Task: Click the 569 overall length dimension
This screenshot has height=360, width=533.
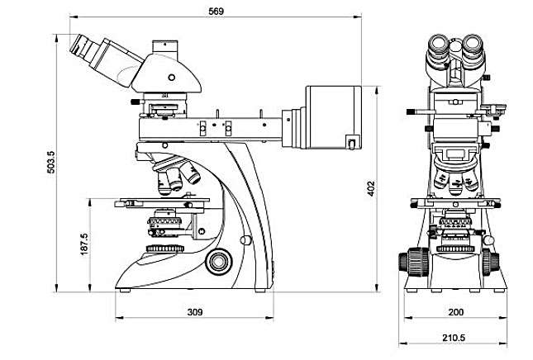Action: [x=217, y=12]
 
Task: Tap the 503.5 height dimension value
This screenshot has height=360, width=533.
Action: [x=50, y=163]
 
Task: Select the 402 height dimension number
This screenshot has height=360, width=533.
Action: [x=371, y=188]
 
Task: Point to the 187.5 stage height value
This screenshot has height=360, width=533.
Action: [x=84, y=244]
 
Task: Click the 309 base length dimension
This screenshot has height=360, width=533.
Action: [x=195, y=312]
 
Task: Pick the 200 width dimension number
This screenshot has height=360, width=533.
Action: [x=456, y=312]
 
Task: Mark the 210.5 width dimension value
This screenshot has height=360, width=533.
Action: [x=454, y=338]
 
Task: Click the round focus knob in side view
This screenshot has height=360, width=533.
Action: [x=218, y=262]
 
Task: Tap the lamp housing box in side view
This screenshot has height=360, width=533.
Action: [x=333, y=117]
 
